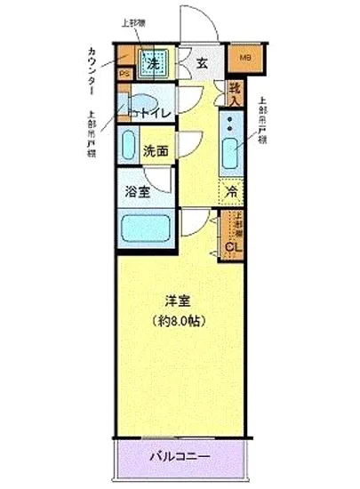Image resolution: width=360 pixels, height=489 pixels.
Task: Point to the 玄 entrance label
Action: point(202,63)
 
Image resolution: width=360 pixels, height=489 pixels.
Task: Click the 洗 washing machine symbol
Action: point(152,63)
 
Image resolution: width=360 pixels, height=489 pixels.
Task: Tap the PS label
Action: point(125,74)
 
